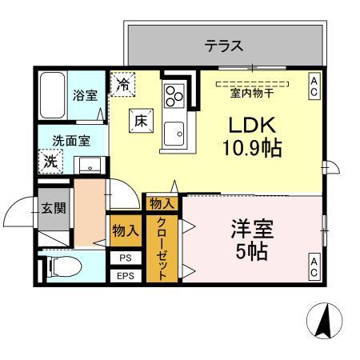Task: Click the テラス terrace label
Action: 224,46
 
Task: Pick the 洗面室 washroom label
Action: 70,141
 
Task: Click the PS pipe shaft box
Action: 125,258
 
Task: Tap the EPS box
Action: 125,276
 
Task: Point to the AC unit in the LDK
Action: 314,86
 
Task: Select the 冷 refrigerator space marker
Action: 123,82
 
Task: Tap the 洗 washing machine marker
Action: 50,160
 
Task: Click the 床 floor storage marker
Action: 139,122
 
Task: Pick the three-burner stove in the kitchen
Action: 174,97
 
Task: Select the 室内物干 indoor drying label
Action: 251,92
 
